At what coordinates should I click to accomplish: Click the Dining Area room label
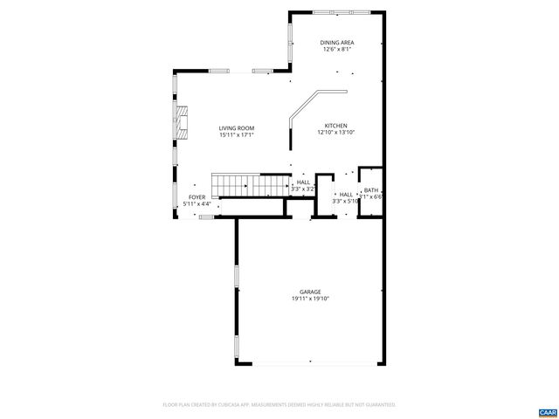(336, 43)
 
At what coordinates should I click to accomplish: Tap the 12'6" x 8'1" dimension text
(336, 50)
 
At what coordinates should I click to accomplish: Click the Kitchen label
(336, 125)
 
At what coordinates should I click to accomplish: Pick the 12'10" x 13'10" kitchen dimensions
(336, 132)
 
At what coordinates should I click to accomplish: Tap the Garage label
(310, 292)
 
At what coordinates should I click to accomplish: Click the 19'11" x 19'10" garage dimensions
(310, 299)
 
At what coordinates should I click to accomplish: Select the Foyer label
(197, 197)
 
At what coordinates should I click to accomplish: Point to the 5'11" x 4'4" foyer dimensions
(197, 204)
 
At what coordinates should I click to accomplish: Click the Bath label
(371, 190)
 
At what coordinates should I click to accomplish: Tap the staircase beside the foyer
(253, 186)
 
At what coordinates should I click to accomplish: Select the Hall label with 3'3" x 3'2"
(303, 182)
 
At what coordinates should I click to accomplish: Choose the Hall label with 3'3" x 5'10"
(346, 195)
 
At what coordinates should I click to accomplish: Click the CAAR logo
(547, 411)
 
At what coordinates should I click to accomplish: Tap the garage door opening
(309, 365)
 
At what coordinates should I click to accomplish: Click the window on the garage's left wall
(236, 276)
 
